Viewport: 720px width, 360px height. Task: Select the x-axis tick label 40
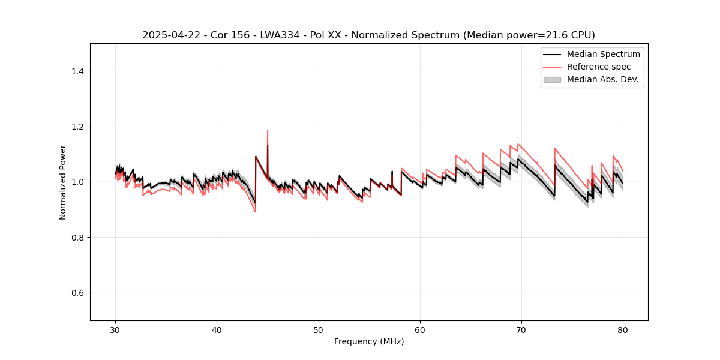[x=217, y=329]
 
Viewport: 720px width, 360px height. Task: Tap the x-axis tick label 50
[x=319, y=329]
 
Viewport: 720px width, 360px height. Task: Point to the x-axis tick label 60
[x=420, y=329]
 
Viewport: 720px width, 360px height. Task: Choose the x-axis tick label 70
[x=521, y=329]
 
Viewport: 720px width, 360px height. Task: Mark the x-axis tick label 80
[x=623, y=329]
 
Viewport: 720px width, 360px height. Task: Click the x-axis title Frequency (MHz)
[x=369, y=341]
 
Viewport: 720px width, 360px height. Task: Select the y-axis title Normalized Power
[x=63, y=182]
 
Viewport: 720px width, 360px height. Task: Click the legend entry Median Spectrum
[x=603, y=54]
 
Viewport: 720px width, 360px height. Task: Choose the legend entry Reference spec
[x=599, y=67]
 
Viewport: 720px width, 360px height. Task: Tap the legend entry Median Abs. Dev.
[x=602, y=79]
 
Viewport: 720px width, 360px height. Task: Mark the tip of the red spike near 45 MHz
[x=268, y=130]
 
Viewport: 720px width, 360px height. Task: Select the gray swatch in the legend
[x=552, y=79]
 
